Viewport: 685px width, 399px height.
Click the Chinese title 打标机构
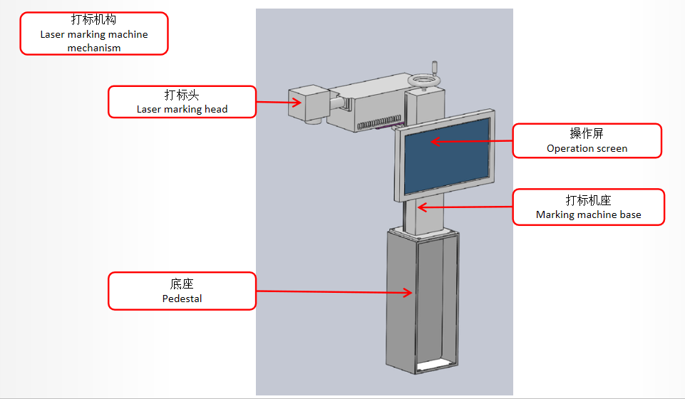coord(93,20)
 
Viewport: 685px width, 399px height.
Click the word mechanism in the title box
coord(93,48)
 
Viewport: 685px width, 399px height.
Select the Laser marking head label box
coord(182,102)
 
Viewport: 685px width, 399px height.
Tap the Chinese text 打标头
coord(182,95)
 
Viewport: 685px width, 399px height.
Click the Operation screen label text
coord(587,148)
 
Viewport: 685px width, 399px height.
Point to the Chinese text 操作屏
coord(587,134)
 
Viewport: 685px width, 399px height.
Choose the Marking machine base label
coord(588,214)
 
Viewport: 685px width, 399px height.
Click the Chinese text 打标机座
coord(588,200)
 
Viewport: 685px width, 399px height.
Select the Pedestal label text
coord(182,299)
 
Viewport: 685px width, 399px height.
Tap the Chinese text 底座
coord(182,284)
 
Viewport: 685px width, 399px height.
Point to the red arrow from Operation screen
coord(470,141)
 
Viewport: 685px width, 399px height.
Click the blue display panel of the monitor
coord(447,155)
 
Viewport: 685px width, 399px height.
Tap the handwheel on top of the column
coord(425,81)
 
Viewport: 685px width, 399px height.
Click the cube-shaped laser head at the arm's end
coord(305,103)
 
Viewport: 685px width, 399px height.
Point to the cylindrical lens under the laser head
coord(311,121)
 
